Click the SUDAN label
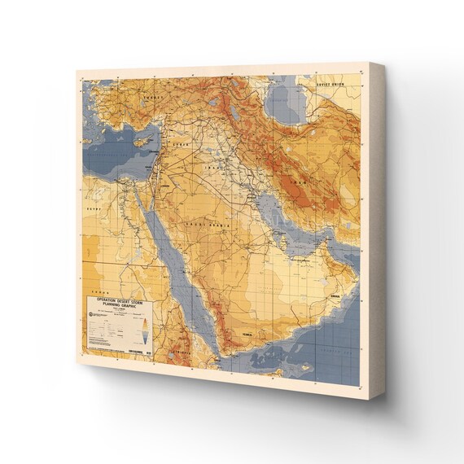[99, 287]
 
